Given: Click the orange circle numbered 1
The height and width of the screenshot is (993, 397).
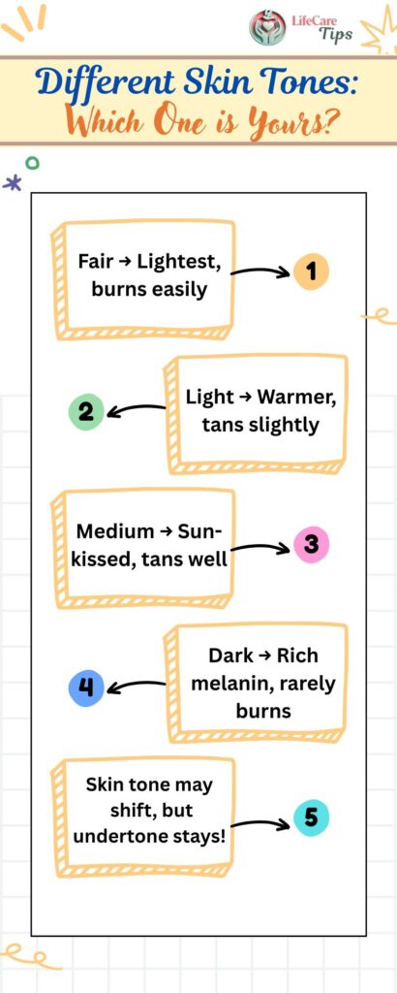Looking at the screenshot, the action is coord(311,272).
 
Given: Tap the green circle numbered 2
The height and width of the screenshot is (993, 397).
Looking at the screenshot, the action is coord(86,412).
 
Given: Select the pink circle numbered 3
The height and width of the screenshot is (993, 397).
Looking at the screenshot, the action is coord(312,545).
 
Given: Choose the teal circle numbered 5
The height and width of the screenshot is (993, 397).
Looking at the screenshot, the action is coord(312,817).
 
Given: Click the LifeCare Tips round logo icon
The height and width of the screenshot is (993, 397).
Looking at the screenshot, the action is coord(267,27).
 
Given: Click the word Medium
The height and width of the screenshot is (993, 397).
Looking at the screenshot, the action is coord(114,530).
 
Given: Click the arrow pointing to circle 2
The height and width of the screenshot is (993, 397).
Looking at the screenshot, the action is coord(137,410).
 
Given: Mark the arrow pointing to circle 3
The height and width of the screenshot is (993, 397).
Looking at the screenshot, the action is coord(260,547).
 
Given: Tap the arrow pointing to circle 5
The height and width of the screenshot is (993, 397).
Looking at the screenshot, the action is coord(260,823).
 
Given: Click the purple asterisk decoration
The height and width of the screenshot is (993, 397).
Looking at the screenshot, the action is coord(12,183).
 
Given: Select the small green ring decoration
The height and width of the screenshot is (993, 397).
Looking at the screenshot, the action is coord(32,163).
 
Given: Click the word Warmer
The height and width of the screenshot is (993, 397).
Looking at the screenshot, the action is coord(297,398).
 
